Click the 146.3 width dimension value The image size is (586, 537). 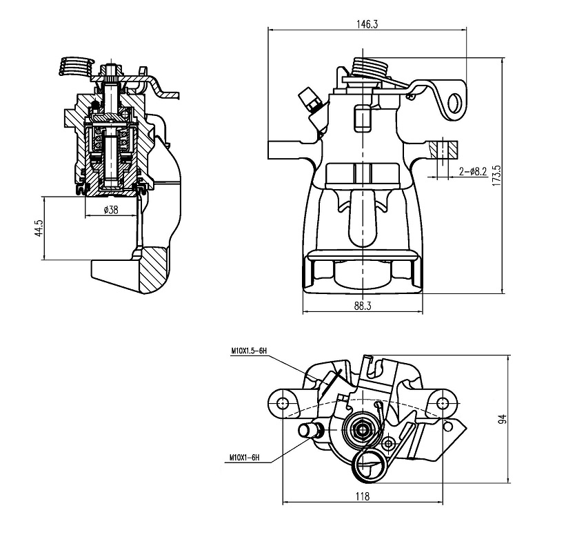367,24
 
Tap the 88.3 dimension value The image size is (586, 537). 363,306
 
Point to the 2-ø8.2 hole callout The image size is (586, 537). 473,171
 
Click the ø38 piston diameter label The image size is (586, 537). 111,210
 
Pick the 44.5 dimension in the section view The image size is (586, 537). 39,228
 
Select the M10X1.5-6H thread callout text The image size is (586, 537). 248,351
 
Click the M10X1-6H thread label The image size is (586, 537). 244,458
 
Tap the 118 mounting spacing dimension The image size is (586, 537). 363,496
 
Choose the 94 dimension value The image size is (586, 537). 503,419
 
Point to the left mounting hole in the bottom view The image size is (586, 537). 283,402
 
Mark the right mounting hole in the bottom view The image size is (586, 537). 443,402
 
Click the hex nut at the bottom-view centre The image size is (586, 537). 362,429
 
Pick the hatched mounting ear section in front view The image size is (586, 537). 443,149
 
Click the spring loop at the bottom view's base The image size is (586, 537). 370,466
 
